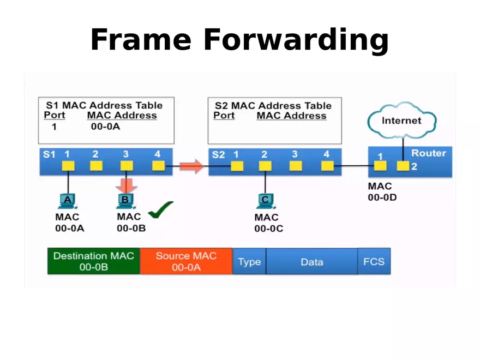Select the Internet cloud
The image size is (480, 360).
click(x=401, y=121)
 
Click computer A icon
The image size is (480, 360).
click(x=68, y=201)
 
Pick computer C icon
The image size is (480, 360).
click(x=265, y=201)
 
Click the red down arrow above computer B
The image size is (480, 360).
click(x=126, y=184)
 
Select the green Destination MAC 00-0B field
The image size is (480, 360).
click(x=93, y=261)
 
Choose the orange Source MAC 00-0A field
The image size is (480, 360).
click(x=186, y=261)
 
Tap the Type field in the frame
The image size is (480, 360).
click(x=249, y=262)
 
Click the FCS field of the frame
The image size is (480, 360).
click(x=374, y=262)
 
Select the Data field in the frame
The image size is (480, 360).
click(x=311, y=262)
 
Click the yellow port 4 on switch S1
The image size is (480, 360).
click(x=158, y=165)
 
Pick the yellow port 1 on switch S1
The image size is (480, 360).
click(x=68, y=165)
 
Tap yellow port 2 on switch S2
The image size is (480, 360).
click(x=265, y=166)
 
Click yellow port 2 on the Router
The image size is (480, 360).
click(x=403, y=166)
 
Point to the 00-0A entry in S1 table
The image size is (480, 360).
click(x=105, y=127)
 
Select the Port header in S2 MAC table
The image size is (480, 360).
click(x=224, y=116)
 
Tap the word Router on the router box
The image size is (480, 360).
click(x=428, y=153)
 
